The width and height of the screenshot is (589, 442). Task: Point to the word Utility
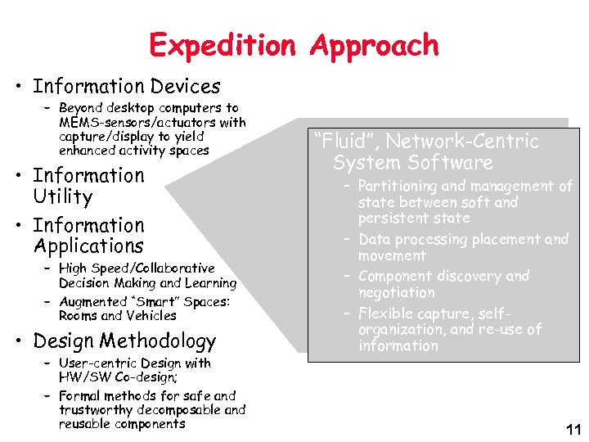point(63,196)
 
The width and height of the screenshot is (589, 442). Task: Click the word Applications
point(88,246)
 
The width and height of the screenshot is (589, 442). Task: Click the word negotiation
point(396,292)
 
